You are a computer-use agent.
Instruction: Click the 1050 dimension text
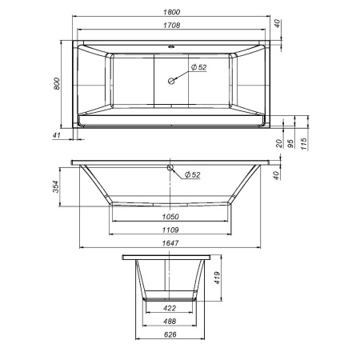pos(170,216)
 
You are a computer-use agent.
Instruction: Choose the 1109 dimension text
pos(170,230)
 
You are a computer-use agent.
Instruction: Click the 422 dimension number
pos(170,308)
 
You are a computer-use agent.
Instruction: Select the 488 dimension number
pos(170,321)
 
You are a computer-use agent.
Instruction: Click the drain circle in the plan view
pos(171,80)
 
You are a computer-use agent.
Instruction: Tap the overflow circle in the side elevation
pos(170,168)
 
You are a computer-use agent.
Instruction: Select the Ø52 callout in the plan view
pos(198,68)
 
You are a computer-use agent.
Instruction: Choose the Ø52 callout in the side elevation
pos(192,174)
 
